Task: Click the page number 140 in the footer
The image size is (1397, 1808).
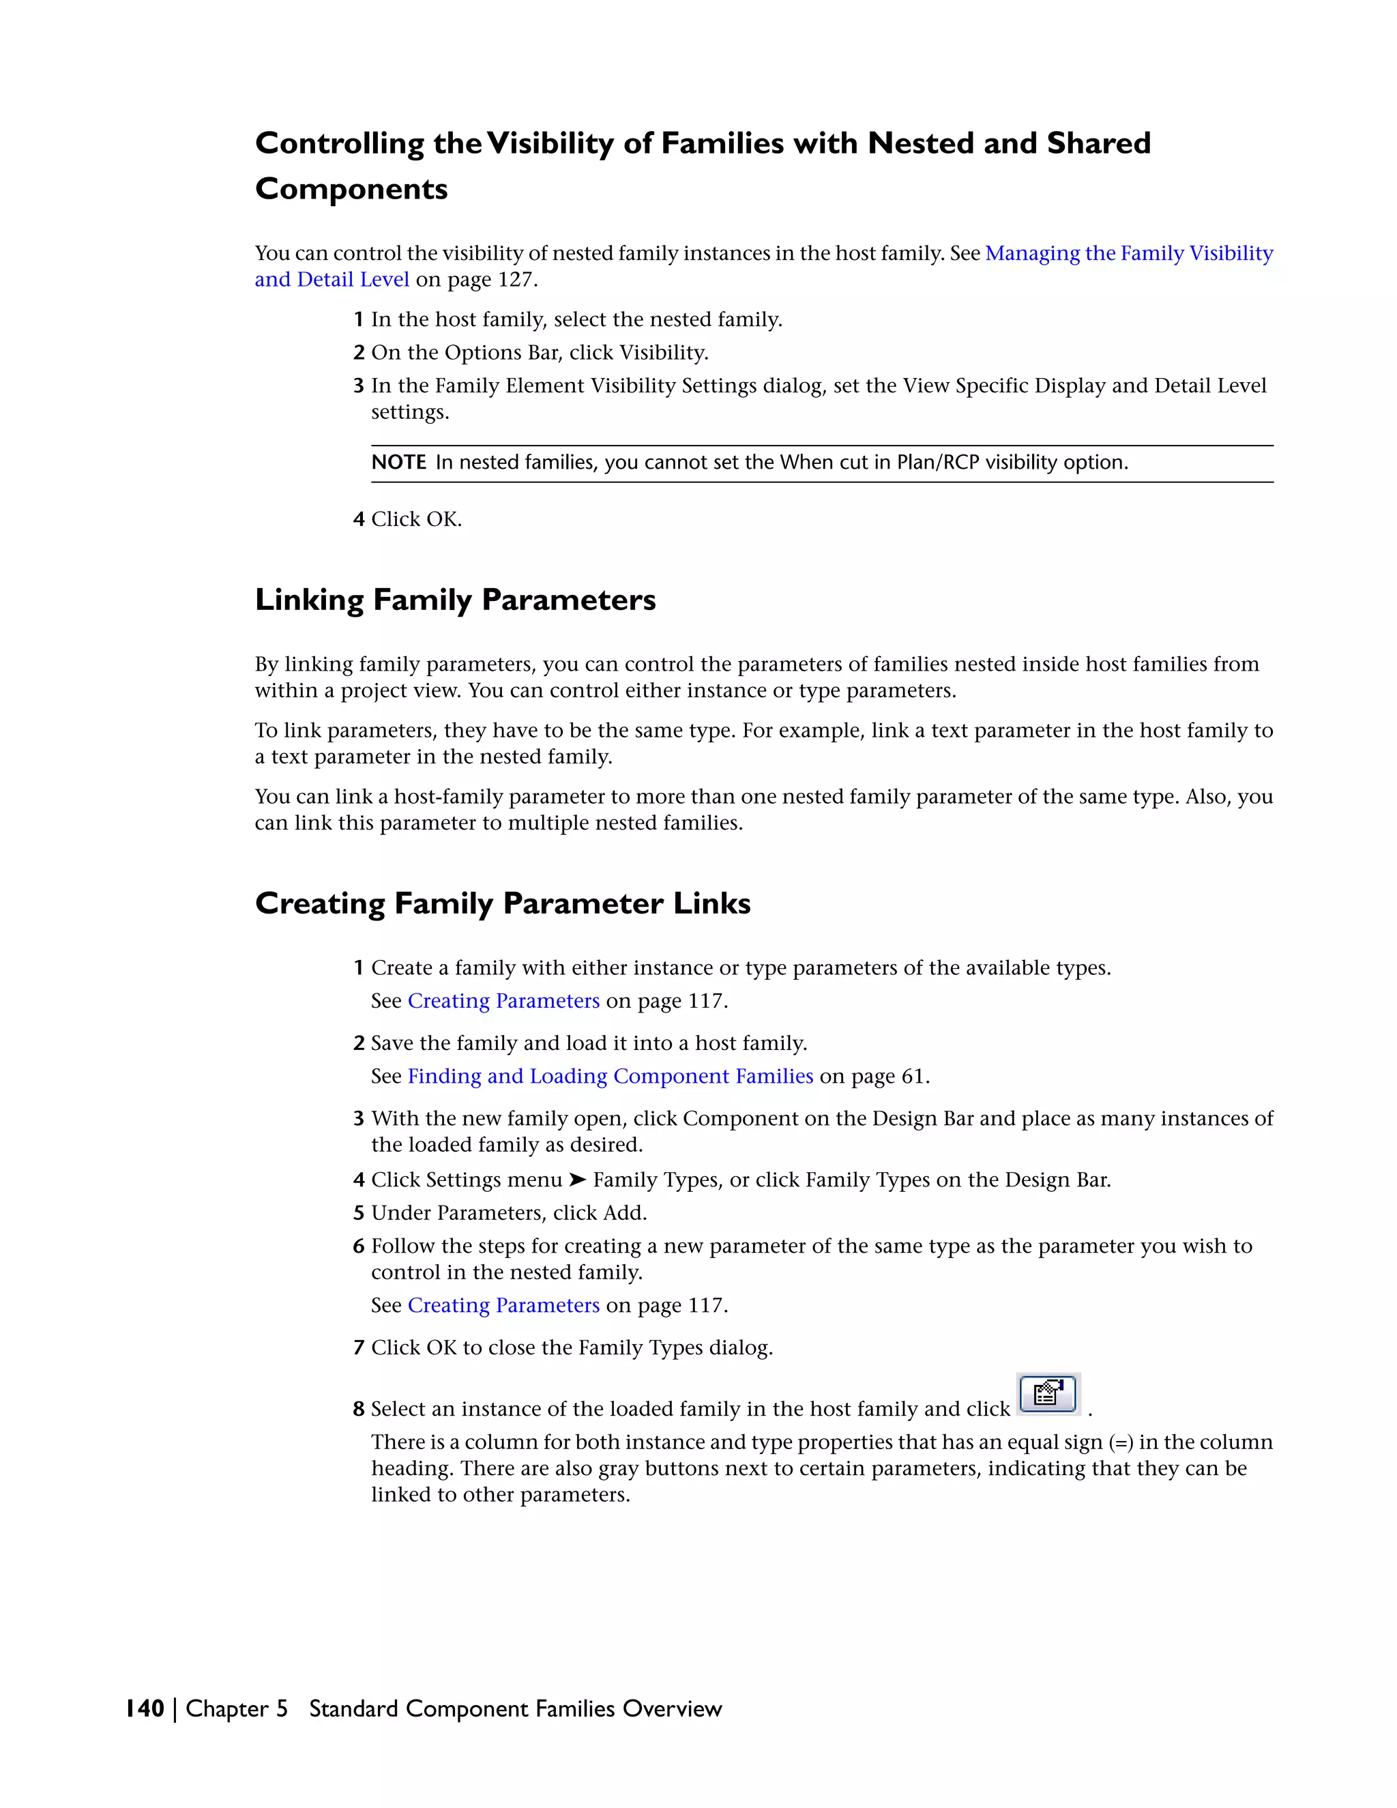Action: (x=145, y=1708)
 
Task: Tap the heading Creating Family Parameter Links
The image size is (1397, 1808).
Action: (x=502, y=903)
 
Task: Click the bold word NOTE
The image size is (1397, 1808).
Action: (x=398, y=463)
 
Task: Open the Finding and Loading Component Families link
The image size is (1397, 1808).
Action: (x=610, y=1076)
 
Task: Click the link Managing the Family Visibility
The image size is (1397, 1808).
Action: (x=1129, y=253)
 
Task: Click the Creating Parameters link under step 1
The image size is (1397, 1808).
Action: (x=503, y=1001)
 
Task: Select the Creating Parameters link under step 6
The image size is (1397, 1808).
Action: (x=503, y=1305)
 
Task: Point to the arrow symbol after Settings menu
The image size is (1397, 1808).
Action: (x=578, y=1180)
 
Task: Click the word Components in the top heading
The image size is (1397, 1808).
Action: (x=351, y=190)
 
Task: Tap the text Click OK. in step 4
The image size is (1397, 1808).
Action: (x=416, y=520)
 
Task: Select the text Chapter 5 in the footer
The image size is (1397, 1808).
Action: (x=236, y=1708)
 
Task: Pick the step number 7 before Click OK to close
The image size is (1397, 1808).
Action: (x=358, y=1347)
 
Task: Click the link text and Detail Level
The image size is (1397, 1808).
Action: (x=332, y=280)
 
